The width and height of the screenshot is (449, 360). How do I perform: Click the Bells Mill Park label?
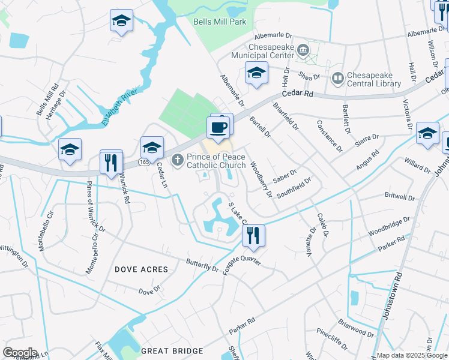coord(220,22)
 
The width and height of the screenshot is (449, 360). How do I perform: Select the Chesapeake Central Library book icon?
coord(337,79)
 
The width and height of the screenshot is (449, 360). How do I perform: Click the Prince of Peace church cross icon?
coord(177,160)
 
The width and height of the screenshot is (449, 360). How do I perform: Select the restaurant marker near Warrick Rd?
coord(111,163)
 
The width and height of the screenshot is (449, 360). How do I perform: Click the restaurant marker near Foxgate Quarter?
coord(253,235)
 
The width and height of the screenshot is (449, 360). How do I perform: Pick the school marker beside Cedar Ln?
coord(152,148)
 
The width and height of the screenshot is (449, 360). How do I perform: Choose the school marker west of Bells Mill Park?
coord(121,21)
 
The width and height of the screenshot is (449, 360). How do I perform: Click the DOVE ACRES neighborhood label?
coord(141,269)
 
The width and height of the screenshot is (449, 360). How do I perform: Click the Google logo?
coord(20,352)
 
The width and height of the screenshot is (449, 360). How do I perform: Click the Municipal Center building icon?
coord(303,49)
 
